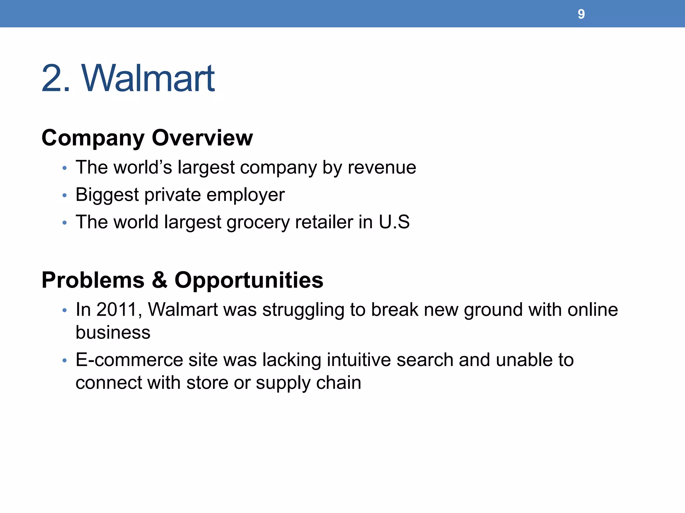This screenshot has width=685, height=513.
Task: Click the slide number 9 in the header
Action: point(581,14)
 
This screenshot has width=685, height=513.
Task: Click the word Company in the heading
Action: point(93,138)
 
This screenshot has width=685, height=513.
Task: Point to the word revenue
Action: point(382,168)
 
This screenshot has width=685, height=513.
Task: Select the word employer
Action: point(246,195)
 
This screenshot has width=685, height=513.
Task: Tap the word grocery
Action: point(258,222)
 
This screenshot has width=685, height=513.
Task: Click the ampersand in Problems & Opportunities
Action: point(160,280)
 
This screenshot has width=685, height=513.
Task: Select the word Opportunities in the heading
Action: point(249,281)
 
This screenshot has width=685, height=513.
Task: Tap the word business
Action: point(113,332)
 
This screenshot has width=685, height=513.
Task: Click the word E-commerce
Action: point(129,360)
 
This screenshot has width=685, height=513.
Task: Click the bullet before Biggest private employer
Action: point(65,195)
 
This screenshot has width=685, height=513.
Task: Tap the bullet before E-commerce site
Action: point(65,361)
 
